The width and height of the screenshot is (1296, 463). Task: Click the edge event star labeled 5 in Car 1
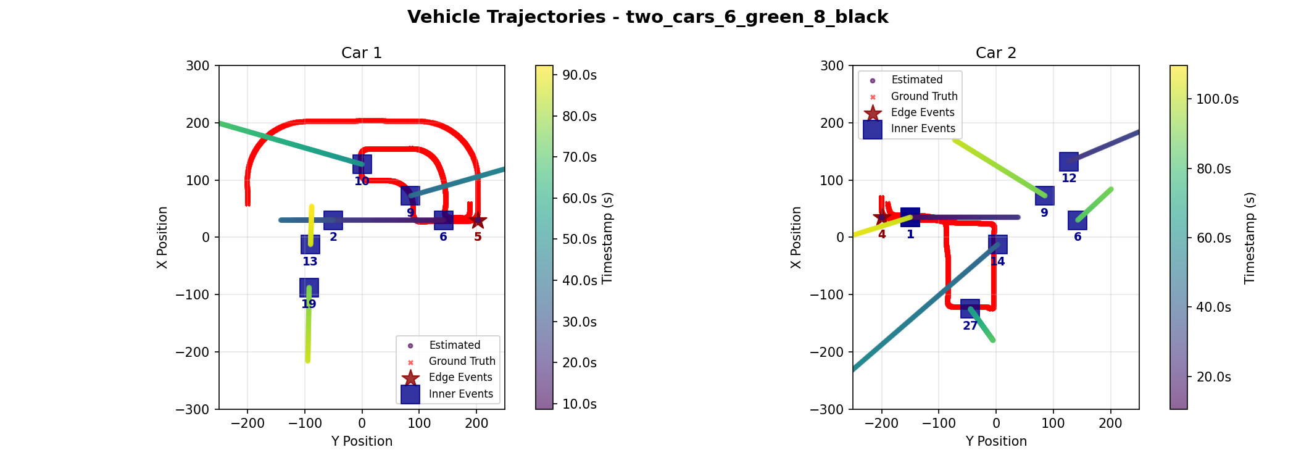tap(478, 220)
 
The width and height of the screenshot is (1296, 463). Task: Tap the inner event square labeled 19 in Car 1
tap(309, 288)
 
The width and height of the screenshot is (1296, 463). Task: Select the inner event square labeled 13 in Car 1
tap(310, 244)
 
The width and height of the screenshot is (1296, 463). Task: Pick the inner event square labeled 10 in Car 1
tap(362, 164)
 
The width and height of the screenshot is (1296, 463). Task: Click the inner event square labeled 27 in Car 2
tap(970, 309)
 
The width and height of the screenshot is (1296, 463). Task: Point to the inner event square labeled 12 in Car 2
tap(1069, 162)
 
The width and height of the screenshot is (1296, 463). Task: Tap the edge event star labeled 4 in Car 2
tap(882, 217)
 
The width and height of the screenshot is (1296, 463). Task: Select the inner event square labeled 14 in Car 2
tap(997, 244)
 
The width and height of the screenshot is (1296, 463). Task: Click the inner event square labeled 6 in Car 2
tap(1078, 220)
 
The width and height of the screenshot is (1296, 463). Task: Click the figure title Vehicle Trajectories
tap(647, 17)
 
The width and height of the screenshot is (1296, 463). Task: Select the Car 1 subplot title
tap(362, 53)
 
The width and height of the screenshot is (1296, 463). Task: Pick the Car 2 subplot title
tap(995, 53)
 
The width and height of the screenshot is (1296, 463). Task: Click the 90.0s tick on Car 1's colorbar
tap(576, 75)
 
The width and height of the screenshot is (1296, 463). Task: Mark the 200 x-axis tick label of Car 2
tap(1110, 423)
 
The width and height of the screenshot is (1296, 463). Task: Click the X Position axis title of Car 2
tap(796, 237)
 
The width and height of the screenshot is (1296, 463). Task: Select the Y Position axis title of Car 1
tap(362, 441)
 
